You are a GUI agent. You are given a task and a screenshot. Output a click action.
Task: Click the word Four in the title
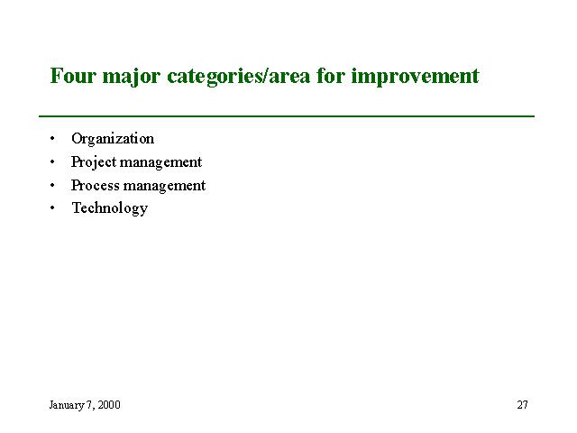coord(73,76)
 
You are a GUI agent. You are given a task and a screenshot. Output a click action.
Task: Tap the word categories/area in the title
coord(238,78)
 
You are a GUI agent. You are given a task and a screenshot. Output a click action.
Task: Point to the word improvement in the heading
coord(415,78)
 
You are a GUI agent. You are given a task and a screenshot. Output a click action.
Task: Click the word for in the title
coord(331,76)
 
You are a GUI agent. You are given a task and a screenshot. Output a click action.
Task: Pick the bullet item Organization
coord(113,140)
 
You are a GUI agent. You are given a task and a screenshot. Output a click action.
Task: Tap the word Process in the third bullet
coord(96,186)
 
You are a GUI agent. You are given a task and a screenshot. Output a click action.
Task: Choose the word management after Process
coord(165,187)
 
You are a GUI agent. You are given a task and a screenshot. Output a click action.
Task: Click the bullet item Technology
coord(110,209)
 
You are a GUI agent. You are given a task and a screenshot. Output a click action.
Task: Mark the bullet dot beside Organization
coord(52,139)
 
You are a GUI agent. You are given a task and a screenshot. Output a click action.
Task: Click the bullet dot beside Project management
coord(52,162)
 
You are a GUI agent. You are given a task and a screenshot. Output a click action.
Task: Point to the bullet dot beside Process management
coord(52,185)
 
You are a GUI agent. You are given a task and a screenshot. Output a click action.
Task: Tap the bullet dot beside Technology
coord(52,208)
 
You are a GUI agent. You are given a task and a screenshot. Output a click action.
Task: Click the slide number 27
coord(522,405)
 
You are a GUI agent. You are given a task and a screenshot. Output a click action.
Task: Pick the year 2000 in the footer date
coord(109,405)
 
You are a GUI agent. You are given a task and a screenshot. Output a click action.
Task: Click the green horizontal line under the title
coord(287,116)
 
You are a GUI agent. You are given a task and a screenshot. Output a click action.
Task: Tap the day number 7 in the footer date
coord(89,405)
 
